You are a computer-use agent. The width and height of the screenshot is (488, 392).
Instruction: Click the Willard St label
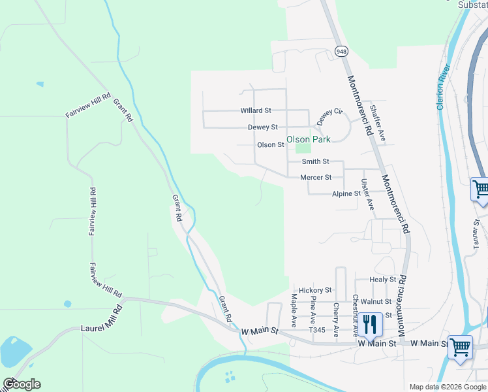[x=255, y=111]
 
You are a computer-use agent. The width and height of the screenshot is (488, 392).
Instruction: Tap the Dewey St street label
[x=263, y=127]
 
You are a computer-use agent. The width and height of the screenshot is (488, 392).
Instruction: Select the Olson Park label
[x=309, y=139]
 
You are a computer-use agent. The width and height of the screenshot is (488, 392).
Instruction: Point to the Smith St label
[x=315, y=161]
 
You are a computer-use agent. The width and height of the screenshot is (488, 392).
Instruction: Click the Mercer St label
[x=316, y=177]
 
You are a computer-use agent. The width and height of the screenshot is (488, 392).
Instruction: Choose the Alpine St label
[x=346, y=194]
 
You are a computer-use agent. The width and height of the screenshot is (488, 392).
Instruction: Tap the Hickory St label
[x=315, y=290]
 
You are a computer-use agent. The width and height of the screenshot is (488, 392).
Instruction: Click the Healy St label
[x=382, y=280]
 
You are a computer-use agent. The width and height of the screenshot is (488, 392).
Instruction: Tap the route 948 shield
[x=341, y=51]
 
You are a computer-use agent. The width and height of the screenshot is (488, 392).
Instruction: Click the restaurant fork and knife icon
[x=369, y=325]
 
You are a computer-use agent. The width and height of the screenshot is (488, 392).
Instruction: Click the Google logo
[x=22, y=384]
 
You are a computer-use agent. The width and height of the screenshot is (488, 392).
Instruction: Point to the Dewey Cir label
[x=329, y=116]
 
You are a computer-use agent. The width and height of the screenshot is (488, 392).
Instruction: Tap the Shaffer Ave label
[x=377, y=123]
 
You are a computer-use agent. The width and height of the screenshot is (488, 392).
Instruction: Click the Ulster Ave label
[x=367, y=194]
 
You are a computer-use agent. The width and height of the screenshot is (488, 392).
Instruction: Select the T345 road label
[x=317, y=331]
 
